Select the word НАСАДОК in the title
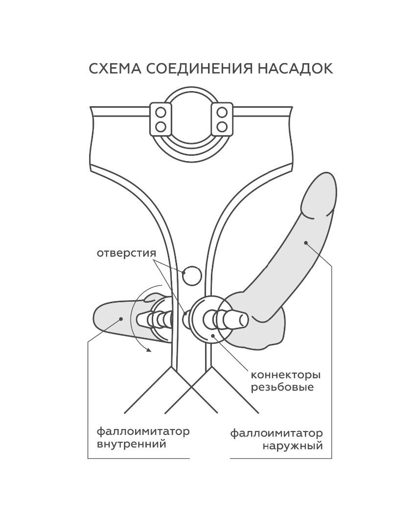click(x=296, y=68)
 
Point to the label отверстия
click(x=126, y=253)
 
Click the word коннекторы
click(x=286, y=375)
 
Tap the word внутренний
click(x=132, y=443)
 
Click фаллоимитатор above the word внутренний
click(x=143, y=431)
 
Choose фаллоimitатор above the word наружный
click(x=276, y=433)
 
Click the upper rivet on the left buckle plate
click(x=161, y=112)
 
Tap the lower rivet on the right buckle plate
click(x=222, y=127)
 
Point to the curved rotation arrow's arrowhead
click(x=148, y=350)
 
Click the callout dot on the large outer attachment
click(x=306, y=242)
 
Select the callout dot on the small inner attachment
click(x=121, y=318)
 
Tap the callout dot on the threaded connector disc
click(x=213, y=335)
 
